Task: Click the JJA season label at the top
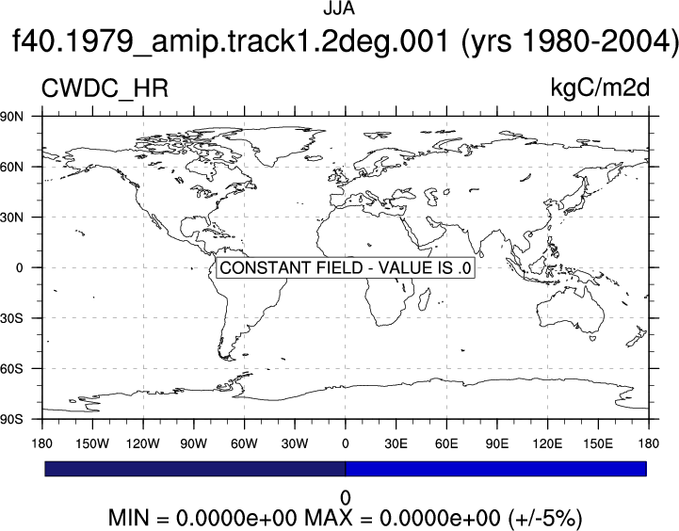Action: coord(339,8)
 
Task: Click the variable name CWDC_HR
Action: coord(105,89)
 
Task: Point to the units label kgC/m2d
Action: coord(600,88)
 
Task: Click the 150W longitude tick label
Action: coord(92,443)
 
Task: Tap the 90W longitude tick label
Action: coord(194,443)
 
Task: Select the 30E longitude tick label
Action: coord(396,443)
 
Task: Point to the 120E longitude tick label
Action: coord(547,443)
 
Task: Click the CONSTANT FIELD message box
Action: coord(345,268)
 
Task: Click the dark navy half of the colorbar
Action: coord(195,469)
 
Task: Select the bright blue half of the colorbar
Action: coord(496,469)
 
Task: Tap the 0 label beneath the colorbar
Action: coord(345,498)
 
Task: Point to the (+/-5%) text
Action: coord(545,518)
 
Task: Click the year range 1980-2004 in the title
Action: coord(599,41)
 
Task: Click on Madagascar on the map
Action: coord(425,298)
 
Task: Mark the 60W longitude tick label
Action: coord(244,443)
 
